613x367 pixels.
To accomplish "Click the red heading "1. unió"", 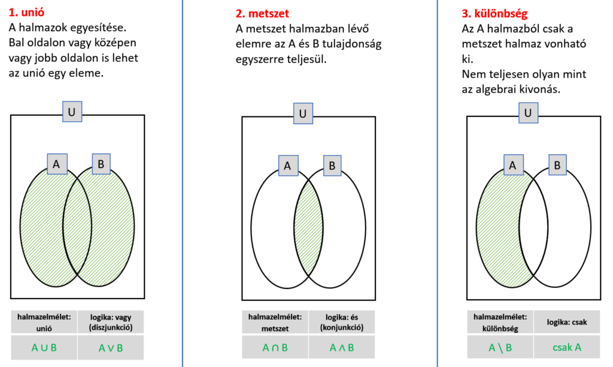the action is click(x=26, y=12).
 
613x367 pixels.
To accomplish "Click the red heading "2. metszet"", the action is click(x=262, y=13).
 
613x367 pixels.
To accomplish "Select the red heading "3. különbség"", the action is click(x=494, y=14).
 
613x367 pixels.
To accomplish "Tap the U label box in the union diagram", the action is click(x=72, y=112).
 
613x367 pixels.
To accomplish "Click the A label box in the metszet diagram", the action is click(x=288, y=166).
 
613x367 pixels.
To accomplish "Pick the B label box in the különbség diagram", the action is click(x=557, y=165).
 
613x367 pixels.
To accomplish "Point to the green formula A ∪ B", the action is click(x=44, y=347).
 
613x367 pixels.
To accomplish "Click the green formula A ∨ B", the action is click(x=111, y=348).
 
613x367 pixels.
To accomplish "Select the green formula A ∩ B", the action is click(x=275, y=347).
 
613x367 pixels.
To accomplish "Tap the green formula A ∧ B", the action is click(x=342, y=347).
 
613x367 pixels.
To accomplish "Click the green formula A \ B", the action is click(x=500, y=347).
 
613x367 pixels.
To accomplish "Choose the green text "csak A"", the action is click(x=567, y=347).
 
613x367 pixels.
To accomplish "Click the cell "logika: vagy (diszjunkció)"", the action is click(x=111, y=322).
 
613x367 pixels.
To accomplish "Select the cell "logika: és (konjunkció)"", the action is click(x=342, y=322).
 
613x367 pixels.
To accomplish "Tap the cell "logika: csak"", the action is click(x=567, y=322).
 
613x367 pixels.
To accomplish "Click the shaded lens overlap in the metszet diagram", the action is click(x=308, y=228).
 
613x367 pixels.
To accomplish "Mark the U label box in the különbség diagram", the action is click(x=528, y=113).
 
